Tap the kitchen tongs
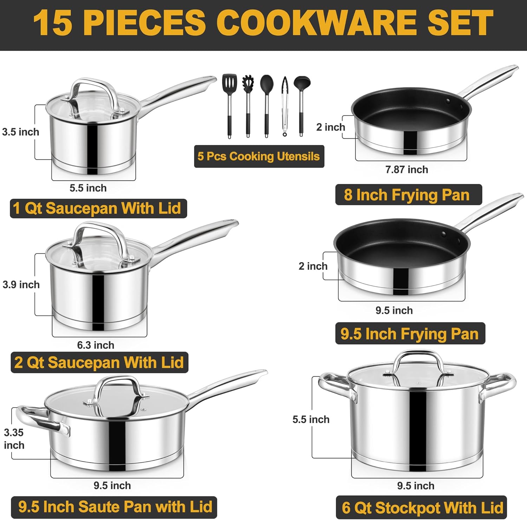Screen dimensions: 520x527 click(285, 105)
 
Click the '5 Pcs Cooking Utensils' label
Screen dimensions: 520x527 click(259, 156)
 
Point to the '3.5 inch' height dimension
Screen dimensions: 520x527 click(20, 132)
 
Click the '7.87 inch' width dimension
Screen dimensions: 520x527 click(406, 170)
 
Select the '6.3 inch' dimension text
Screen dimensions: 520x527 click(96, 345)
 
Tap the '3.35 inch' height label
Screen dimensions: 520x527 click(14, 439)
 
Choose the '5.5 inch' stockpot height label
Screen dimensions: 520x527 click(311, 419)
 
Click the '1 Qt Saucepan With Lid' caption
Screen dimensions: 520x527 click(97, 208)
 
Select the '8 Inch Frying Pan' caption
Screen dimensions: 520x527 click(407, 195)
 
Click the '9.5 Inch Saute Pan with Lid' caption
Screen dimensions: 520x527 click(115, 507)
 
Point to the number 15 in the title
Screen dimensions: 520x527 click(53, 23)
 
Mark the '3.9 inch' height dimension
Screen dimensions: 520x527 click(21, 284)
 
